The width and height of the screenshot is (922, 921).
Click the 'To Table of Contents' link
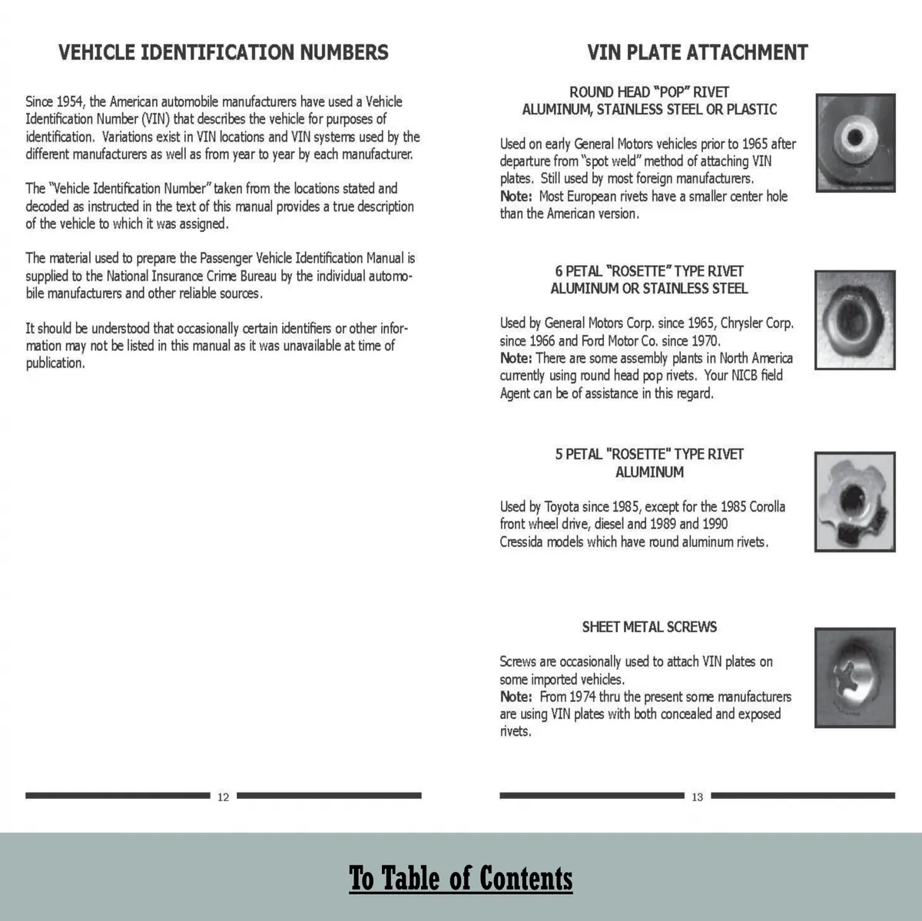pyautogui.click(x=461, y=878)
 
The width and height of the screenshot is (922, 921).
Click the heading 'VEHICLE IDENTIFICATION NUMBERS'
pyautogui.click(x=224, y=52)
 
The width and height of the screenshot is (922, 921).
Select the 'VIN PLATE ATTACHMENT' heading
pyautogui.click(x=697, y=52)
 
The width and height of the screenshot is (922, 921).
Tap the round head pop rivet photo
pyautogui.click(x=854, y=141)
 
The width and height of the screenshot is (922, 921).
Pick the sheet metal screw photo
pyautogui.click(x=854, y=677)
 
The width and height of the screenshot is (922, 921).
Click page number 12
pyautogui.click(x=223, y=797)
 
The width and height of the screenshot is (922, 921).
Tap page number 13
pyautogui.click(x=697, y=797)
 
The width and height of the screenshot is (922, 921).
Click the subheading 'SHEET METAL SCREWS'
pyautogui.click(x=649, y=627)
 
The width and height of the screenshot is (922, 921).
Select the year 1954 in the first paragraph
pyautogui.click(x=69, y=102)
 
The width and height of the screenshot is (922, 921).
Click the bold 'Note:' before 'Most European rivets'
pyautogui.click(x=516, y=197)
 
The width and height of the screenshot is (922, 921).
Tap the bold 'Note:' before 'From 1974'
pyautogui.click(x=516, y=697)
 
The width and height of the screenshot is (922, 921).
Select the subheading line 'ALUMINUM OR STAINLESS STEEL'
pyautogui.click(x=649, y=289)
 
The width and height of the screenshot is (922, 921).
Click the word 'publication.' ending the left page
pyautogui.click(x=55, y=364)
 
